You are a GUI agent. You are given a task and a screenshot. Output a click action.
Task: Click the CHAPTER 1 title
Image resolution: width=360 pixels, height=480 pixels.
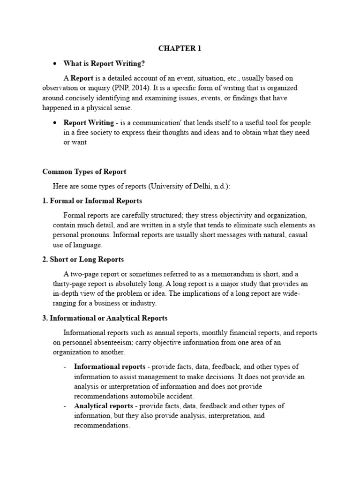(x=180, y=49)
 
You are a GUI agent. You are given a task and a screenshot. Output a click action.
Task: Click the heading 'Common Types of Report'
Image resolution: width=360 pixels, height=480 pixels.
(x=84, y=172)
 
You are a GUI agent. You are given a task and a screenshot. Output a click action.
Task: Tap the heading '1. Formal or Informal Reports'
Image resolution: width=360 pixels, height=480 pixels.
(x=92, y=201)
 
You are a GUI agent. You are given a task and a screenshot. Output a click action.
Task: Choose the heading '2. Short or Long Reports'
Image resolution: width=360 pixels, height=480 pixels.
(x=83, y=259)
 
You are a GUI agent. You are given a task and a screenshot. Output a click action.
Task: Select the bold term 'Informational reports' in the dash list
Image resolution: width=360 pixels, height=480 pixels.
(x=104, y=367)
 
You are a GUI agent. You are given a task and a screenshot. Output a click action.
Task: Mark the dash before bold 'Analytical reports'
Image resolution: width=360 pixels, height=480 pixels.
(x=65, y=406)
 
